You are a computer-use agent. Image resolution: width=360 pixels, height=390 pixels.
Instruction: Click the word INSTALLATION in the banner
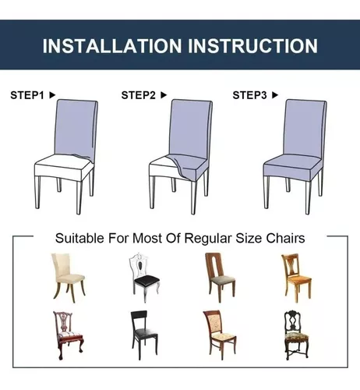pyautogui.click(x=112, y=46)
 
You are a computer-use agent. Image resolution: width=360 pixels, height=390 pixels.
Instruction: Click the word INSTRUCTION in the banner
pyautogui.click(x=252, y=46)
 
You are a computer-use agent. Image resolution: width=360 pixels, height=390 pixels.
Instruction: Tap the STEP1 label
pyautogui.click(x=27, y=95)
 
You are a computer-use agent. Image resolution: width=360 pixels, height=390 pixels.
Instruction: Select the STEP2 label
pyautogui.click(x=139, y=95)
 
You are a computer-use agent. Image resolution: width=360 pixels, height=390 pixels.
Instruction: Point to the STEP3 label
pyautogui.click(x=249, y=95)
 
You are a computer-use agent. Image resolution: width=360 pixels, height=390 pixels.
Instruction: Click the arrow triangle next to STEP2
pyautogui.click(x=164, y=95)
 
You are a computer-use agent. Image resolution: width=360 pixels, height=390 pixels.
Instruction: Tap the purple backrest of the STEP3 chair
pyautogui.click(x=305, y=127)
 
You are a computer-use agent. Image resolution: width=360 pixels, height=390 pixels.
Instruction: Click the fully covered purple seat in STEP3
pyautogui.click(x=292, y=168)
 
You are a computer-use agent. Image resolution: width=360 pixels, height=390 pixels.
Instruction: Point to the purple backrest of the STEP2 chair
pyautogui.click(x=191, y=127)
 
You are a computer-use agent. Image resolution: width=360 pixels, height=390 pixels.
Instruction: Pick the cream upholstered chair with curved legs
pyautogui.click(x=69, y=278)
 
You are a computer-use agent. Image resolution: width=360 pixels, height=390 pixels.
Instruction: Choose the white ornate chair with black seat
pyautogui.click(x=144, y=277)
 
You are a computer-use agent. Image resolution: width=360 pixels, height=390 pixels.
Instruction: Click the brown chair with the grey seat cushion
pyautogui.click(x=220, y=278)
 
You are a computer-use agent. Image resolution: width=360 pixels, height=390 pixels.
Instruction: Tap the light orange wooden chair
pyautogui.click(x=296, y=278)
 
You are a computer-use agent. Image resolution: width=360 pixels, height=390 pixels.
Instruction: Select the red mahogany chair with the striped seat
pyautogui.click(x=68, y=335)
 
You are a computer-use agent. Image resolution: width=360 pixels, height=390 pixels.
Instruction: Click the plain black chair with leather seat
pyautogui.click(x=144, y=335)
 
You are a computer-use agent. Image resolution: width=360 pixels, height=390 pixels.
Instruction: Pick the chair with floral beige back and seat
pyautogui.click(x=220, y=335)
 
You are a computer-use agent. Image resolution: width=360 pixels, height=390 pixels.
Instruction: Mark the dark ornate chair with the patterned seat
pyautogui.click(x=296, y=335)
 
